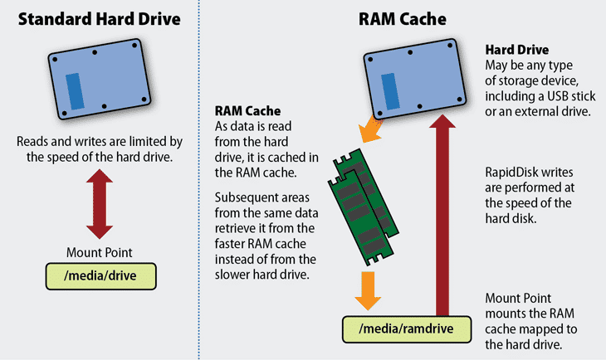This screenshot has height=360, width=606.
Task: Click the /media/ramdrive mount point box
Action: tap(406, 328)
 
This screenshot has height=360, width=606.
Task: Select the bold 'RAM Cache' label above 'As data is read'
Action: tap(247, 109)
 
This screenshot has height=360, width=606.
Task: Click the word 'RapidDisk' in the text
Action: tap(512, 174)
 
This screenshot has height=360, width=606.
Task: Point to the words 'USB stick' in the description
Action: tap(560, 95)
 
